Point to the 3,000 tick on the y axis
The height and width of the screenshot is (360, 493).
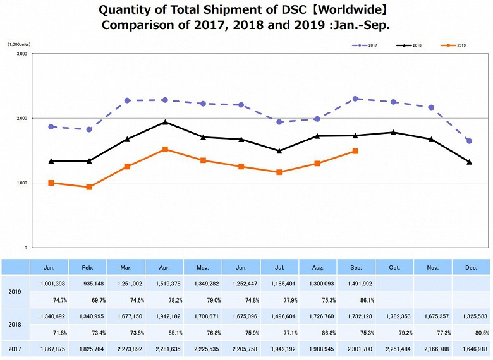coord(21,54)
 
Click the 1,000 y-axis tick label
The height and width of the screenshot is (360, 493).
coord(21,183)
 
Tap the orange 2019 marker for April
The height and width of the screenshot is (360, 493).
coord(165,150)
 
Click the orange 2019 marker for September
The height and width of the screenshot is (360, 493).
coord(355,151)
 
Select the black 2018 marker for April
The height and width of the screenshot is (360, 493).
coord(165,123)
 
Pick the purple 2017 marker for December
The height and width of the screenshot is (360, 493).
coord(469,141)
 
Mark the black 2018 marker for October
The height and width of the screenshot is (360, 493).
coord(393,133)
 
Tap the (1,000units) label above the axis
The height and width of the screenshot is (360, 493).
coord(20,44)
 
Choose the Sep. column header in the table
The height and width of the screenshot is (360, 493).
coord(356,267)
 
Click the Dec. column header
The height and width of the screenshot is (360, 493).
coord(470,267)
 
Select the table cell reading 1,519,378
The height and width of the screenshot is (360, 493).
coord(164,284)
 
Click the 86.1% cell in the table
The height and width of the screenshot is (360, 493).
coord(356,299)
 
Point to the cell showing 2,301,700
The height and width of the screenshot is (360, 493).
coord(356,348)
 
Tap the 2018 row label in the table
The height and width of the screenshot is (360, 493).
coord(15,324)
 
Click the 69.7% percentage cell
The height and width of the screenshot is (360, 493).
coord(88,299)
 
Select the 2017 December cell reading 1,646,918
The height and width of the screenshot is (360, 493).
coord(470,348)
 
